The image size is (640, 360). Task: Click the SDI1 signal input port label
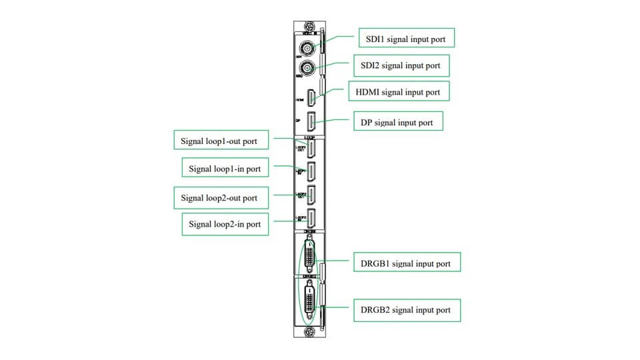coord(406,39)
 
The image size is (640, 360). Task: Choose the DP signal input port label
coord(397,122)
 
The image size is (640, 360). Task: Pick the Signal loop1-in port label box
coord(225,169)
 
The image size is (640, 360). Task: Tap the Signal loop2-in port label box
coord(225,224)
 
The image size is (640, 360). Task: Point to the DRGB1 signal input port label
coord(406,263)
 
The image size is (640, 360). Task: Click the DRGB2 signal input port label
coord(406,309)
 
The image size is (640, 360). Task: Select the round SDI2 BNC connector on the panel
coord(308,69)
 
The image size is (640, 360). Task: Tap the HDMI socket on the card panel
coord(311,99)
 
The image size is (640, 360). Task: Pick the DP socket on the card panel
coord(311,121)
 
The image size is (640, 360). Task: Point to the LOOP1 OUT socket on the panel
coord(311,148)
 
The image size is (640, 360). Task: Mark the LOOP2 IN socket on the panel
coord(311,218)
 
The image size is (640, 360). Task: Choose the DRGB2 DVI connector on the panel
coord(311,300)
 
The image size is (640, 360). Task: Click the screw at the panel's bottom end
coord(308,331)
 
